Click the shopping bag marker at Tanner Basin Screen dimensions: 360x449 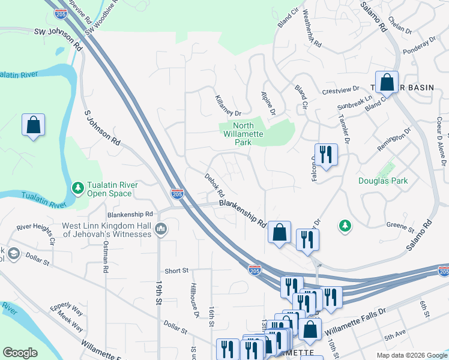tap(387, 83)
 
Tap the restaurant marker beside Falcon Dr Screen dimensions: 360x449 tap(326, 154)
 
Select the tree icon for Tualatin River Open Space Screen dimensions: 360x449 tap(77, 188)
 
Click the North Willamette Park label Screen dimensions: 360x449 tap(243, 130)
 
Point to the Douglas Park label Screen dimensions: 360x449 tap(383, 180)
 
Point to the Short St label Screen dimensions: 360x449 tap(176, 271)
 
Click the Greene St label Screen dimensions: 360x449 tap(403, 229)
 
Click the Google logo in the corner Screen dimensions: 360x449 tap(20, 352)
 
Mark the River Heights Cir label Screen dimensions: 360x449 tap(36, 235)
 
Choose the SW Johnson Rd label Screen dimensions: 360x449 tap(58, 38)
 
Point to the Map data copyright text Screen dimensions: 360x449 tap(411, 355)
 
